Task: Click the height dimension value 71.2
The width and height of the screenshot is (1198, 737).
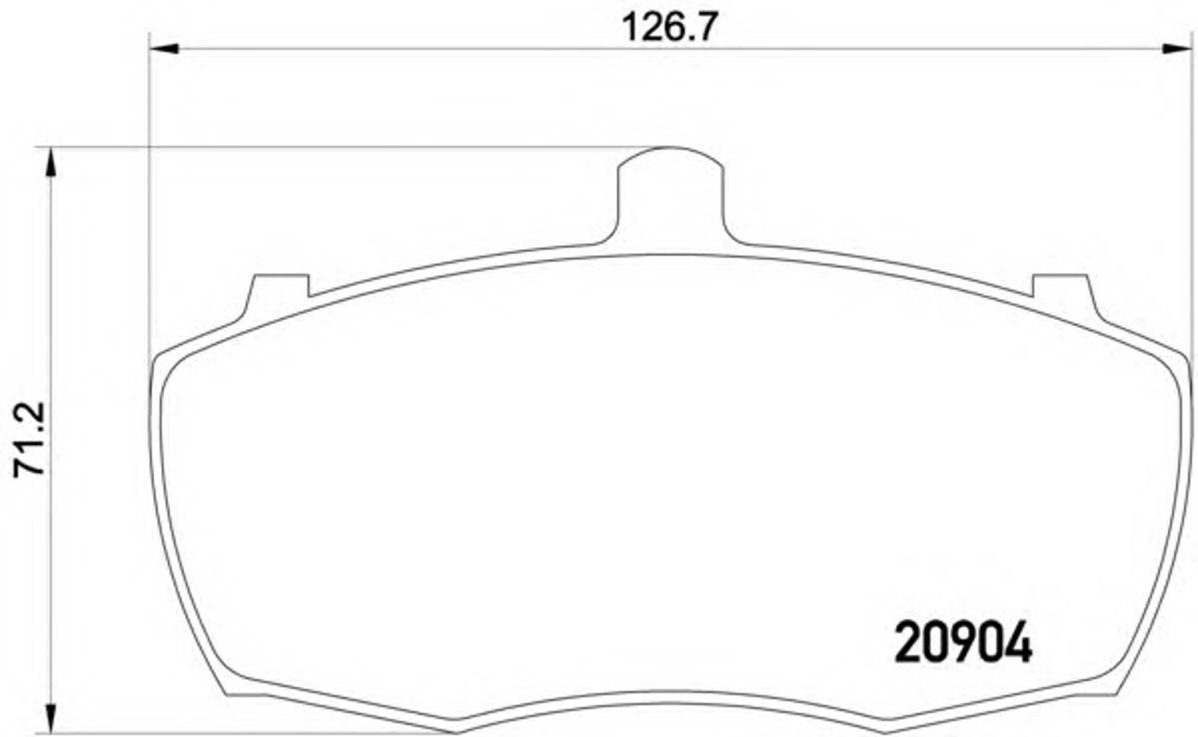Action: tap(29, 439)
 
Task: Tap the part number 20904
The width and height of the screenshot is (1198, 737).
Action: tap(963, 642)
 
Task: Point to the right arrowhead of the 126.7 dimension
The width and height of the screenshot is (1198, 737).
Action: tap(1177, 48)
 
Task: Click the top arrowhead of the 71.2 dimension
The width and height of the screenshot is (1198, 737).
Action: tap(51, 162)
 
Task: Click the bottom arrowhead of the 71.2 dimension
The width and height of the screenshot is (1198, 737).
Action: tap(51, 719)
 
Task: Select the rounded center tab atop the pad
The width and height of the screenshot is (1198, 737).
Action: tap(670, 195)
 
